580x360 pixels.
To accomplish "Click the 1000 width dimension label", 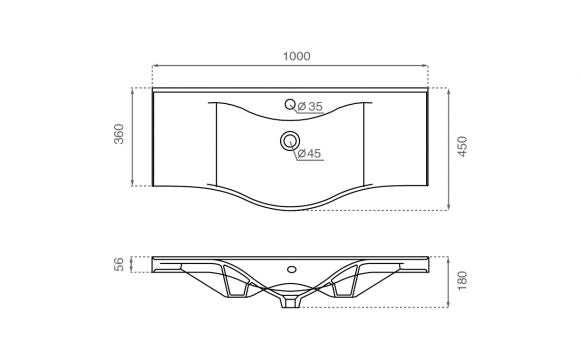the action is click(x=297, y=56).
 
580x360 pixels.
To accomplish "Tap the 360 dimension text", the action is click(x=119, y=134).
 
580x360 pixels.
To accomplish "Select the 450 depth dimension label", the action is click(x=462, y=147).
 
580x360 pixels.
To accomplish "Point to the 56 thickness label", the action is click(x=119, y=264).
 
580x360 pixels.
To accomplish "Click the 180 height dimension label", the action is click(x=462, y=281).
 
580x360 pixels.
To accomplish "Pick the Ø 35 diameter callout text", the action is click(x=310, y=107).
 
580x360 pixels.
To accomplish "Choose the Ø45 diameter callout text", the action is click(x=309, y=153).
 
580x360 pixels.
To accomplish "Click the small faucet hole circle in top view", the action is click(x=290, y=104).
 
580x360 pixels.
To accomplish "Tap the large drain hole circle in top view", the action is click(x=290, y=141).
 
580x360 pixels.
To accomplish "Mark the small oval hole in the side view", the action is click(x=292, y=269).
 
